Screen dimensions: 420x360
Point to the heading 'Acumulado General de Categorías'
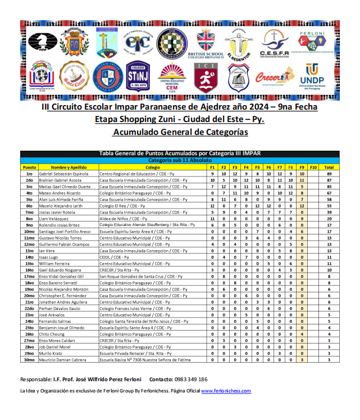click(x=180, y=132)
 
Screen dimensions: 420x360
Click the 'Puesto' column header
click(x=29, y=168)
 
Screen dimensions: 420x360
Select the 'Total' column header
click(x=329, y=168)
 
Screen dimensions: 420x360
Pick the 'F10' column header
click(x=313, y=168)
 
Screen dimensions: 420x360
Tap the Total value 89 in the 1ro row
click(x=329, y=174)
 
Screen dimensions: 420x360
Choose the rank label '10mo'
click(x=29, y=231)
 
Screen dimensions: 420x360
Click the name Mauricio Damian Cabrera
click(x=63, y=359)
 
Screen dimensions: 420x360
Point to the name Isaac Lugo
click(x=51, y=257)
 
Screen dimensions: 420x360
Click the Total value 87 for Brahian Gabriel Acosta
click(x=329, y=180)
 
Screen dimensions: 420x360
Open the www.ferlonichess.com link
click(x=226, y=391)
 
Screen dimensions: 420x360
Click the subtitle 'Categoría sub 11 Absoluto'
click(x=180, y=161)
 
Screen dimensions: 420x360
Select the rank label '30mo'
click(x=29, y=359)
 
